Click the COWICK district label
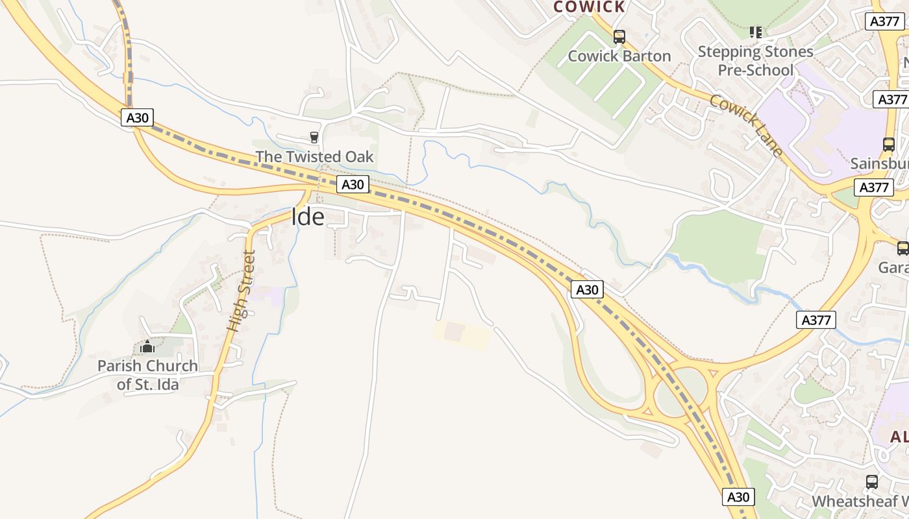click(x=589, y=7)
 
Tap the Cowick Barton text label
click(x=619, y=56)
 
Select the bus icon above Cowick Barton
click(x=619, y=36)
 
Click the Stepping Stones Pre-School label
click(x=756, y=60)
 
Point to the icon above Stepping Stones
click(x=755, y=31)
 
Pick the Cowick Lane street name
click(x=746, y=125)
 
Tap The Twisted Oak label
click(x=314, y=156)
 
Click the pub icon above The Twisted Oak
click(x=314, y=137)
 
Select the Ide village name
click(x=308, y=217)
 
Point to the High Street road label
click(x=241, y=291)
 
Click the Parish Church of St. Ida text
click(x=147, y=374)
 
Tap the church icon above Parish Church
click(x=147, y=347)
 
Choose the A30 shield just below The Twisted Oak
click(x=353, y=184)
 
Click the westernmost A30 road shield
click(x=137, y=117)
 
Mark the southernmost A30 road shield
click(x=738, y=498)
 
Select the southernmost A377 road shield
click(x=816, y=320)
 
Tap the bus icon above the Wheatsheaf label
click(x=872, y=482)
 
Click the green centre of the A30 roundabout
click(x=679, y=392)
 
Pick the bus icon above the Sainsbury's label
click(x=889, y=145)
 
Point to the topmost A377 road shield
click(x=885, y=21)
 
